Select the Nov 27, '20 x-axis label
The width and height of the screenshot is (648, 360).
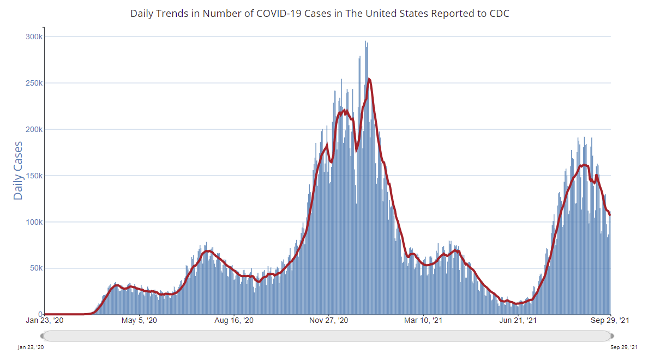[328, 321]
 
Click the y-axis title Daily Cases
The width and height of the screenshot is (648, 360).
[18, 170]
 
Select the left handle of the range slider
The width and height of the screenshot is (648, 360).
[42, 335]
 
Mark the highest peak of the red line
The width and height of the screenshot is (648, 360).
[370, 80]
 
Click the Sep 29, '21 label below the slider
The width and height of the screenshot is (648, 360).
[623, 347]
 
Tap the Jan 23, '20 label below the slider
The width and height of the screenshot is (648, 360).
[31, 347]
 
